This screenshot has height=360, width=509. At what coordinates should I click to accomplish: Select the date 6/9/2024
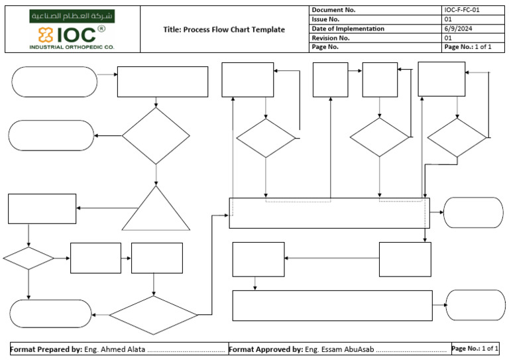(x=457, y=29)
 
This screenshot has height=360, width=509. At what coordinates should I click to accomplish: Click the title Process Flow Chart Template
(x=224, y=30)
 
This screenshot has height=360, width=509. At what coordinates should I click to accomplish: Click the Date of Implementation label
(x=348, y=29)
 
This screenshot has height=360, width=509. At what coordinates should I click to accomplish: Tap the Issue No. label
(x=325, y=19)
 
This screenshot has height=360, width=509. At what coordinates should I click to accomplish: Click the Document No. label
(x=333, y=10)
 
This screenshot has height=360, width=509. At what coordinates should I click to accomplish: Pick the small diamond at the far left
(x=28, y=259)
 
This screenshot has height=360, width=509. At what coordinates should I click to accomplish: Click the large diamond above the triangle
(x=156, y=136)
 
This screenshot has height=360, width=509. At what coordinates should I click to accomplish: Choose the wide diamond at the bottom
(x=154, y=315)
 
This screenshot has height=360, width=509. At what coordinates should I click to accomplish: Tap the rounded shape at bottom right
(x=475, y=305)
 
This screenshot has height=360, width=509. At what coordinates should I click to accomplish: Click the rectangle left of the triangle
(x=42, y=209)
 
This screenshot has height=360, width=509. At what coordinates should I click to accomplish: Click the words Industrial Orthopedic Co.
(x=72, y=47)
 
